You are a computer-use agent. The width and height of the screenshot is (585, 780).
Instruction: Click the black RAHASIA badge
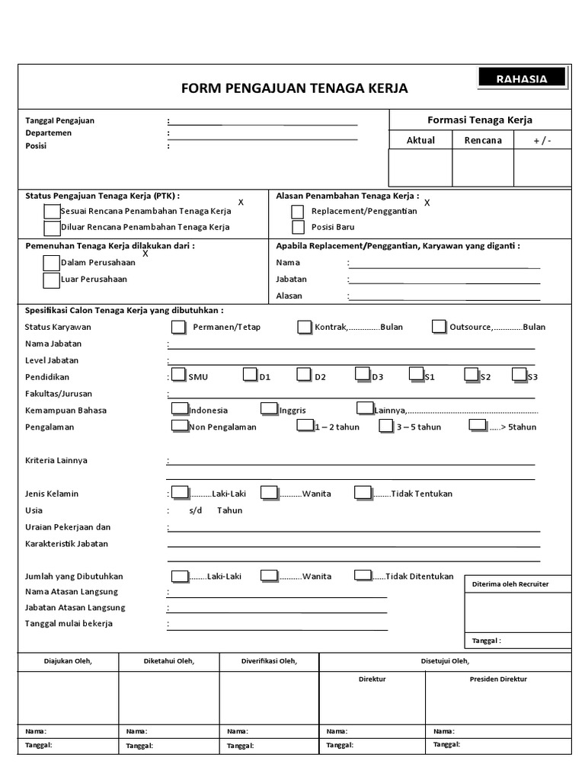pos(522,78)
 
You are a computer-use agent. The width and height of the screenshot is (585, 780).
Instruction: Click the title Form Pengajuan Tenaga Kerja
pos(294,88)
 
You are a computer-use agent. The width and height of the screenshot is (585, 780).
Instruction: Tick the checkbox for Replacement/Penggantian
pos(297,212)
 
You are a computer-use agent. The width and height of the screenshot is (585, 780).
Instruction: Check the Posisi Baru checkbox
pos(297,227)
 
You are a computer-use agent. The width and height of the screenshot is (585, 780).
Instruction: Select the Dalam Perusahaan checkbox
pos(51,263)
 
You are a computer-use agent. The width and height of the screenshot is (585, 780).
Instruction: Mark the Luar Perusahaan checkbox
pos(51,280)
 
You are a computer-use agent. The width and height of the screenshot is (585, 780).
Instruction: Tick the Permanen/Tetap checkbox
pos(178,327)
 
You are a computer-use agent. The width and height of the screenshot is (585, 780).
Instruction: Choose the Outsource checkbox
pos(438,327)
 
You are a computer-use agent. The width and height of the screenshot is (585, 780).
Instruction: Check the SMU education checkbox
pos(178,374)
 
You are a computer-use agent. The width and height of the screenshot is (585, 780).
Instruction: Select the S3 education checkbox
pos(519,374)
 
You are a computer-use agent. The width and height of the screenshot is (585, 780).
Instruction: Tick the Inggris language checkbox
pos(268,408)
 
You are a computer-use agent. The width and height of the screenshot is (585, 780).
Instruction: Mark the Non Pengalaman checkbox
pos(179,425)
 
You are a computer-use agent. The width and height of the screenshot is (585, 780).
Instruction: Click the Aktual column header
pos(420,140)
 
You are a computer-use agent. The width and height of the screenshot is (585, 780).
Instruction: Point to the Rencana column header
pos(483,140)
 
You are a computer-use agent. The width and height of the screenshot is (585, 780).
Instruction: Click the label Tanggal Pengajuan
pos(60,120)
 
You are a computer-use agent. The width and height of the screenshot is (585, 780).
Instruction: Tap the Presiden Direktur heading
pos(498,679)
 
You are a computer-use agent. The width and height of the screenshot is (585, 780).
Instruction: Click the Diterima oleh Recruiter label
pos(510,584)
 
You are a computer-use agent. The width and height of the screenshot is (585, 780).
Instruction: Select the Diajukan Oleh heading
pos(68,661)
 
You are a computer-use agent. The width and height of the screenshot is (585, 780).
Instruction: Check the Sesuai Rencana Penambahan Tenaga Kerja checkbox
pos(51,211)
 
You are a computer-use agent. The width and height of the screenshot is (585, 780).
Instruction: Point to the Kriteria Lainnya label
pos(56,461)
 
